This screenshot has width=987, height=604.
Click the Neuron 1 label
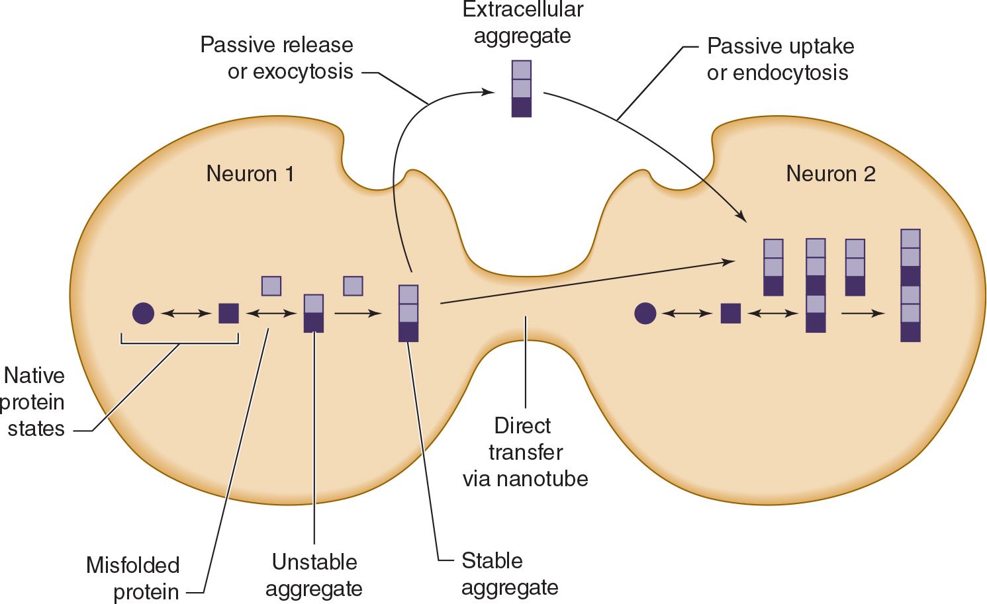250,174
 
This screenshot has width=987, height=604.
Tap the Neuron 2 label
830,174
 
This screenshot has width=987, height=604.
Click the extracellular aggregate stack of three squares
522,89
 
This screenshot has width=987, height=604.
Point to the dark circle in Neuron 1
143,313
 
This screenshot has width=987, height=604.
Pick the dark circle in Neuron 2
645,313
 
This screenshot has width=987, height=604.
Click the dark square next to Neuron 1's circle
228,313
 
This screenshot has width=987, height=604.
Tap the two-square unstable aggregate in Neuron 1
313,313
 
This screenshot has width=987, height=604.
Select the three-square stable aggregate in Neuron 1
408,313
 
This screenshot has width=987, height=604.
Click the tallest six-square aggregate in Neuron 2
910,285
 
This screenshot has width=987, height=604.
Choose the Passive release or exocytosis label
277,58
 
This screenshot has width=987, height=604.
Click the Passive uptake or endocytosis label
780,60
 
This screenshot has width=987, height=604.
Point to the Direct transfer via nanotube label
525,452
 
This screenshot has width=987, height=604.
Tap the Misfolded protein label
133,578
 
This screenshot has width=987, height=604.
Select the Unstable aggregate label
314,575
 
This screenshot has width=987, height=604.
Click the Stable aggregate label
509,574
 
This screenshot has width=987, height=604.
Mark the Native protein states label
34,402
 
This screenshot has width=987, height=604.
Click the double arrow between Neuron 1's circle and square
186,313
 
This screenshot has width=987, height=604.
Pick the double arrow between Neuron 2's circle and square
687,313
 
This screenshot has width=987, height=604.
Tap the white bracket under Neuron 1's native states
179,343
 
